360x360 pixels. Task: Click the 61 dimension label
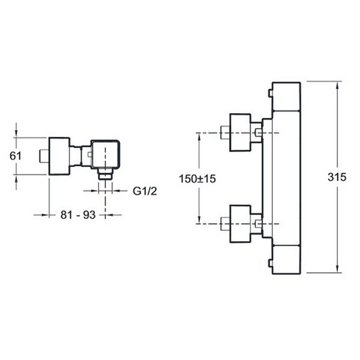pos(15,156)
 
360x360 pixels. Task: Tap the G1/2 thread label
pos(145,191)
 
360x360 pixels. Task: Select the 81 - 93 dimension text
pos(78,215)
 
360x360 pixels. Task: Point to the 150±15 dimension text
pos(198,179)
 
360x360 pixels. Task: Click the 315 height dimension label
pos(337,177)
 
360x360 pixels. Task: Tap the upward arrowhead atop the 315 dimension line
pos(337,86)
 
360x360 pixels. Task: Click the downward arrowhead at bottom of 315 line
pos(337,269)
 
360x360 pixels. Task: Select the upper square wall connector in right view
pos(240,133)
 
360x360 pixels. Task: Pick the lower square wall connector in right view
pos(240,224)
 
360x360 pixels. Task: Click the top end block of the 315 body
pos(286,96)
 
